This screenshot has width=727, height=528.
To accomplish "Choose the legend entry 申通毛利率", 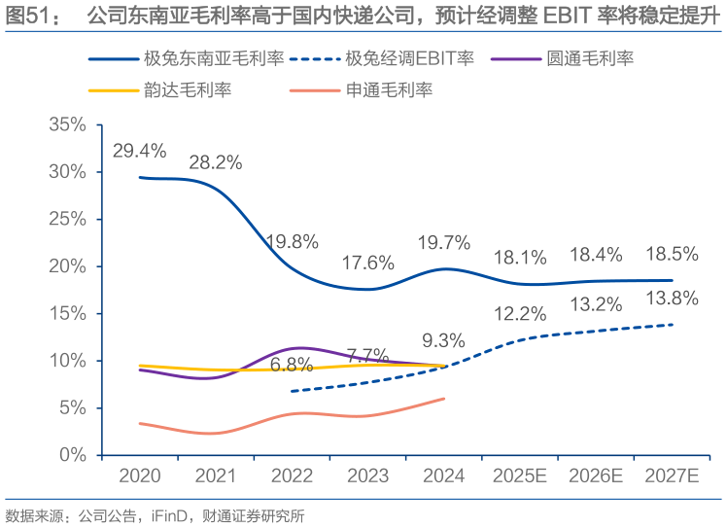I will [x=389, y=90].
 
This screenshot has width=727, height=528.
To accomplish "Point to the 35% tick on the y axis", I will [x=67, y=124].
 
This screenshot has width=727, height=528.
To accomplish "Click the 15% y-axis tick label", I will [x=67, y=313].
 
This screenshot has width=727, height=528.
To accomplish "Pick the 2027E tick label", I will [x=673, y=476].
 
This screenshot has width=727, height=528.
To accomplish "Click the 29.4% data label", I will [x=139, y=151].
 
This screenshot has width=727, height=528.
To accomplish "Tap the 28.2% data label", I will [x=215, y=162].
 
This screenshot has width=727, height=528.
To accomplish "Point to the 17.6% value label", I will [x=367, y=262].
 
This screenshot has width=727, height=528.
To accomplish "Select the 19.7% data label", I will [x=443, y=242].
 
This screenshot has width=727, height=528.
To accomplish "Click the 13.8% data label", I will [x=673, y=298].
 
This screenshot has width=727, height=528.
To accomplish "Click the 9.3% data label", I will [x=443, y=340].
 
